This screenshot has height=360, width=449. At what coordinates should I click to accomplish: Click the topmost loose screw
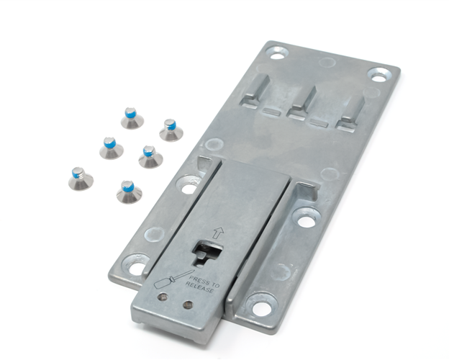click(132, 118)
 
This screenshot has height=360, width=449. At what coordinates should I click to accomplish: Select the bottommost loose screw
click(130, 192)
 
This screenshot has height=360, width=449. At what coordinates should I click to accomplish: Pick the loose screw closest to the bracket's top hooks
click(171, 130)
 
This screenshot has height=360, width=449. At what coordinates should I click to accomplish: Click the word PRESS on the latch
click(200, 280)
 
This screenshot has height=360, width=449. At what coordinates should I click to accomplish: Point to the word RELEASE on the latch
click(199, 287)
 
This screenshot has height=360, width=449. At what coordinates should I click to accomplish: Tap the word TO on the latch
click(215, 284)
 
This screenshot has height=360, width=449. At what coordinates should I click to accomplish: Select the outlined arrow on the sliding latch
click(218, 233)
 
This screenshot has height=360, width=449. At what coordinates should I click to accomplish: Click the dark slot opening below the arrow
click(207, 253)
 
